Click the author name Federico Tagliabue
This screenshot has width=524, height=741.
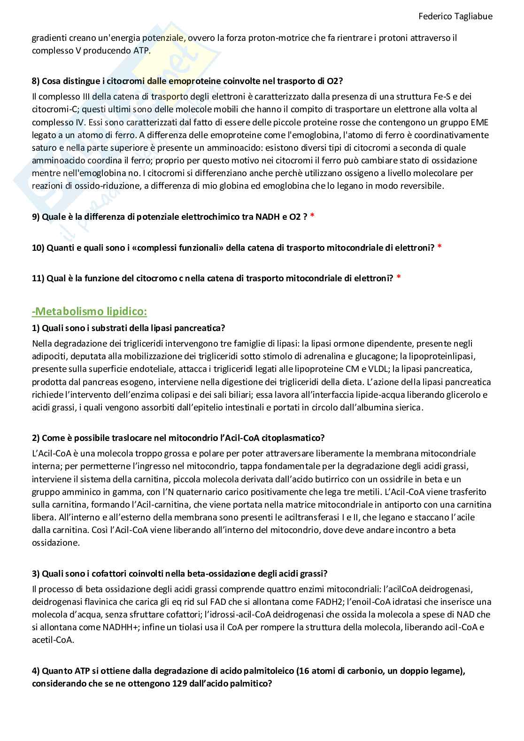455,16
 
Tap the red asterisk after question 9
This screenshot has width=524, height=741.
312,216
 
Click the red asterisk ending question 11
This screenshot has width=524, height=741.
398,278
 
